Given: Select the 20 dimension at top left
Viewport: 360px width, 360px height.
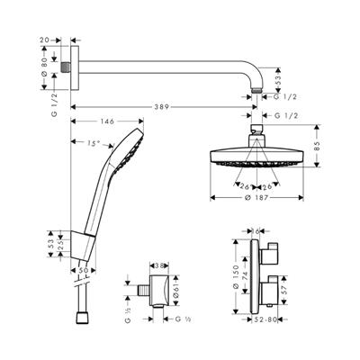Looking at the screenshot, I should click(x=45, y=40).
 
